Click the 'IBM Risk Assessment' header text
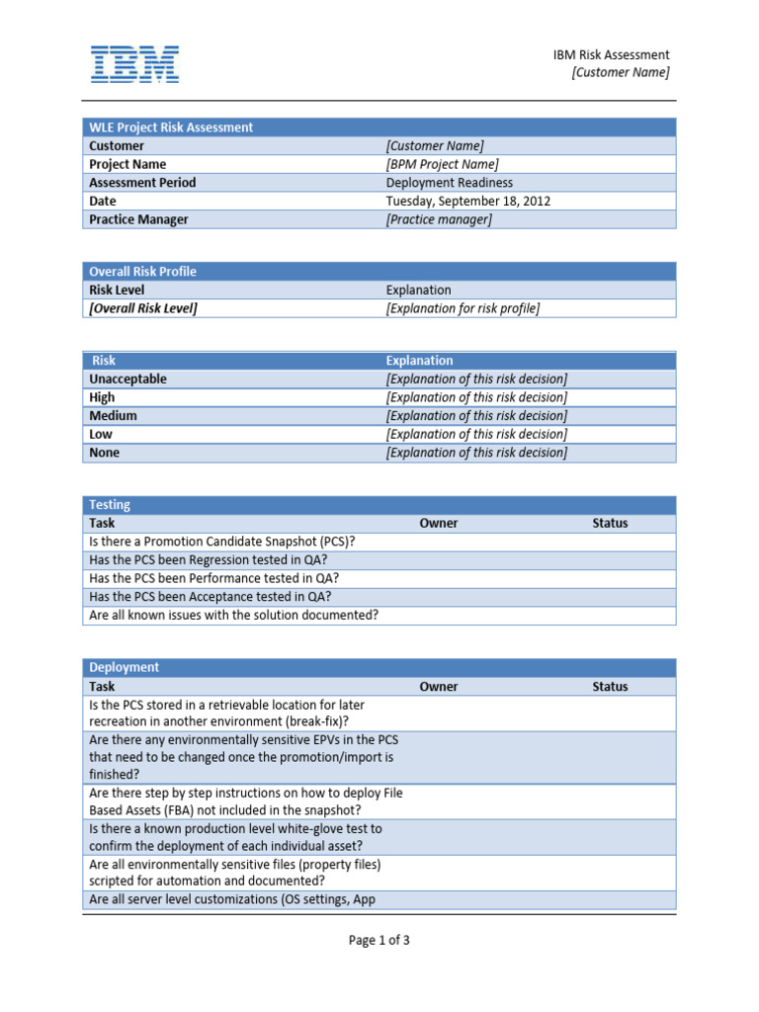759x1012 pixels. pos(611,55)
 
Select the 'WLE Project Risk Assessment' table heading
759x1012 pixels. pos(171,127)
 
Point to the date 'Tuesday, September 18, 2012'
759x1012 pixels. pos(468,201)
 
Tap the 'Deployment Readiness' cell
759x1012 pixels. pos(450,183)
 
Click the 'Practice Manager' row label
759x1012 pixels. pos(138,219)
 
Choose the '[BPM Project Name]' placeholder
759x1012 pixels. pos(442,164)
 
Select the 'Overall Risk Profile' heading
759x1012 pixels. pos(142,272)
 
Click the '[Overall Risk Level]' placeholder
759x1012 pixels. pos(143,308)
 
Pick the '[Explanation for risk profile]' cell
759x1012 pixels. pos(463,308)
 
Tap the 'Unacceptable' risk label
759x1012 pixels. pos(128,379)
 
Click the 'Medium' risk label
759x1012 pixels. pos(113,416)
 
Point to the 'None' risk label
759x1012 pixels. pos(104,453)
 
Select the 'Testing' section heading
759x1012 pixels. pos(110,505)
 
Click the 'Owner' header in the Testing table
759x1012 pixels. pos(439,524)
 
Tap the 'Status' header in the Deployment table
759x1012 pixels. pos(610,687)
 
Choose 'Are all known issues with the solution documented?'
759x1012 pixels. pos(233,615)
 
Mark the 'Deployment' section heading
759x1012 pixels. pos(124,668)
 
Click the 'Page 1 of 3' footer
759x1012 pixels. pos(379,941)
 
